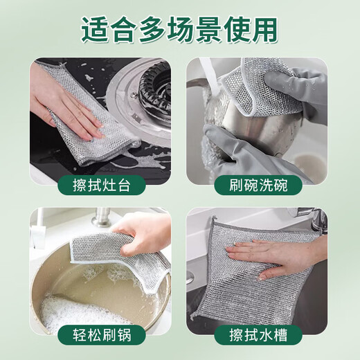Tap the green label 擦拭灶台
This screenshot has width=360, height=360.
click(100, 185)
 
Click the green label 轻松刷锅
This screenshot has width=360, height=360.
click(100, 335)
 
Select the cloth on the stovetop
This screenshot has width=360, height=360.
click(76, 138)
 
